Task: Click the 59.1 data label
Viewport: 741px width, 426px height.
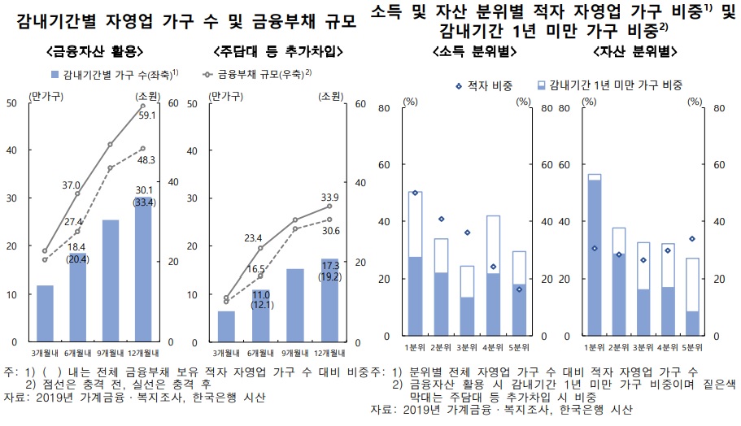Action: [148, 115]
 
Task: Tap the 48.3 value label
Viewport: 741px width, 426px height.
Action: [148, 160]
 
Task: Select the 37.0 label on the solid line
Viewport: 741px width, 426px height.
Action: [71, 186]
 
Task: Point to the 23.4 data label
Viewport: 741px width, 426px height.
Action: [254, 238]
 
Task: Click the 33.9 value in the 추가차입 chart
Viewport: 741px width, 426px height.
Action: [330, 197]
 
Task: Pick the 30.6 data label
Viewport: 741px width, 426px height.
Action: [330, 231]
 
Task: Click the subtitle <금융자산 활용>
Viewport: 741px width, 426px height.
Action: [96, 51]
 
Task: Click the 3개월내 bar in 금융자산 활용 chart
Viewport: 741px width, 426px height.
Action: [46, 313]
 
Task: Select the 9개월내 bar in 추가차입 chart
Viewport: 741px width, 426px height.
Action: [295, 305]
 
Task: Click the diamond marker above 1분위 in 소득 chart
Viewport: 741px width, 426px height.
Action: [415, 193]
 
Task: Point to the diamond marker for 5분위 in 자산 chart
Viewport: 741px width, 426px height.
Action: [692, 239]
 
